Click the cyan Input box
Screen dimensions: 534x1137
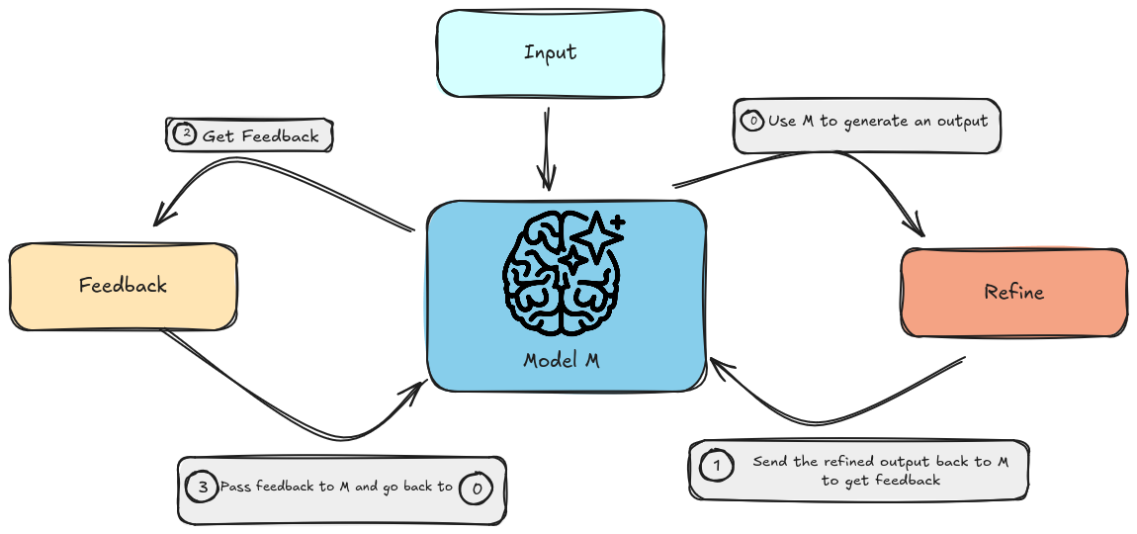tap(550, 53)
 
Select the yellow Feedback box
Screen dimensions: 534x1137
tap(123, 286)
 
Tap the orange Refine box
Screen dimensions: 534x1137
tap(1013, 292)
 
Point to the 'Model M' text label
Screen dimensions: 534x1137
tap(562, 360)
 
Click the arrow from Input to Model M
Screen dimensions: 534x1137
tap(546, 148)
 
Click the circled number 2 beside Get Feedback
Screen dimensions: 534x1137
tap(185, 133)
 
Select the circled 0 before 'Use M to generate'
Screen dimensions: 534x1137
tap(751, 121)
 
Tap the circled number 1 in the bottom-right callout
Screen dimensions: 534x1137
tap(717, 465)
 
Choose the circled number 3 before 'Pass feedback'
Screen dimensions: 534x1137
tap(202, 487)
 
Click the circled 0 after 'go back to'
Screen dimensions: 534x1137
tap(477, 487)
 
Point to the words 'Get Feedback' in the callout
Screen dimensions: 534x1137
tap(261, 135)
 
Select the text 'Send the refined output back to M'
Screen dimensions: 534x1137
tap(880, 462)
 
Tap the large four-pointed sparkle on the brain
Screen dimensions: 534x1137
tap(596, 236)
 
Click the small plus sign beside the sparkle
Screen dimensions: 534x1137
tap(618, 222)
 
